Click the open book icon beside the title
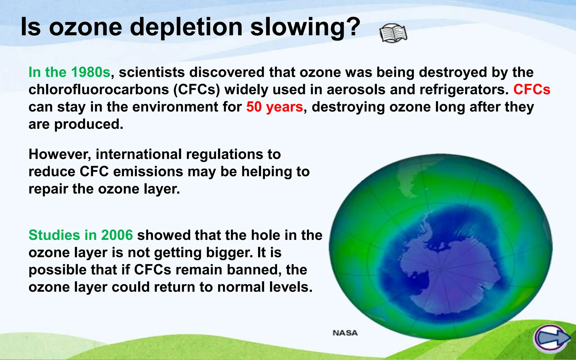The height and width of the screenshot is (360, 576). pos(393,33)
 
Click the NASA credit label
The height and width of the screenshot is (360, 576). pos(345,333)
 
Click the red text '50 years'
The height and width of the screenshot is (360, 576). pos(274,107)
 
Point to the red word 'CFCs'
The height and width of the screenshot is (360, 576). pos(532,90)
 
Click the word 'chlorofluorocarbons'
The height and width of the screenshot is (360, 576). pos(99,90)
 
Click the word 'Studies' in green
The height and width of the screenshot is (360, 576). pos(54,235)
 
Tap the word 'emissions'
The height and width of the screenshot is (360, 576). pos(148,172)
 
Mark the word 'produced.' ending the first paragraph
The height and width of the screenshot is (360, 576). pos(89,124)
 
